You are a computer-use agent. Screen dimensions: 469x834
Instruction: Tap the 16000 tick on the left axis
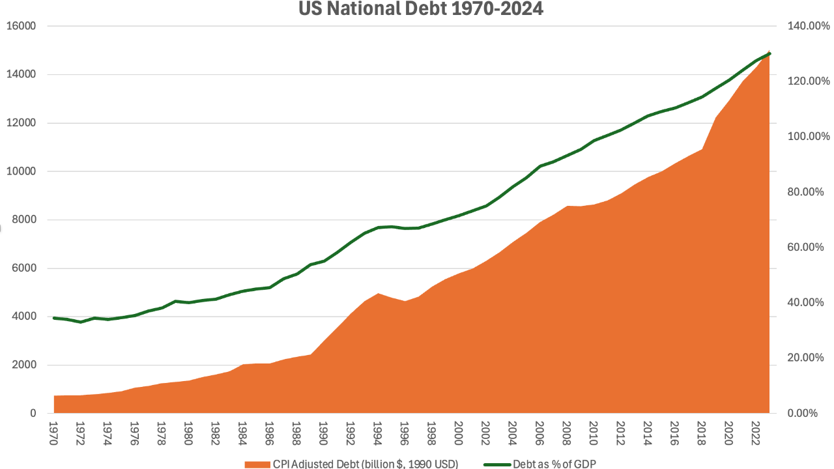(x=22, y=26)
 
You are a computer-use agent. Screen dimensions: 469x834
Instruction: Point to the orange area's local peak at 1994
(x=377, y=294)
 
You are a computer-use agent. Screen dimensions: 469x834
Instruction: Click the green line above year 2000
(x=458, y=216)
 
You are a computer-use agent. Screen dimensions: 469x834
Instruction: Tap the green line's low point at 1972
(x=80, y=322)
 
